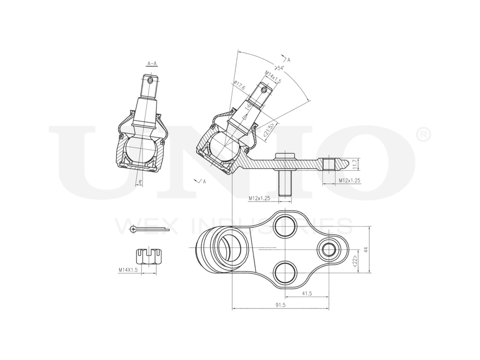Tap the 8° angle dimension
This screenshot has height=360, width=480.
pyautogui.click(x=140, y=182)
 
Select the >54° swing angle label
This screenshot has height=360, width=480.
pyautogui.click(x=279, y=68)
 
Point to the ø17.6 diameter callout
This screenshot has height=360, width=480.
pyautogui.click(x=239, y=86)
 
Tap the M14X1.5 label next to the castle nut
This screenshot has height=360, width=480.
pyautogui.click(x=128, y=270)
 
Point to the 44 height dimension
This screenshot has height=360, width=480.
pyautogui.click(x=366, y=249)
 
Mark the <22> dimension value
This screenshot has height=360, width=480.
pyautogui.click(x=355, y=261)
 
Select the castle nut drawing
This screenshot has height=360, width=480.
pyautogui.click(x=147, y=257)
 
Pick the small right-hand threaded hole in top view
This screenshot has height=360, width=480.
pyautogui.click(x=329, y=249)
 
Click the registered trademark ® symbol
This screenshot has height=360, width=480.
pyautogui.click(x=425, y=136)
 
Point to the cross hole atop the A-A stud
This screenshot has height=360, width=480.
pyautogui.click(x=151, y=80)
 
